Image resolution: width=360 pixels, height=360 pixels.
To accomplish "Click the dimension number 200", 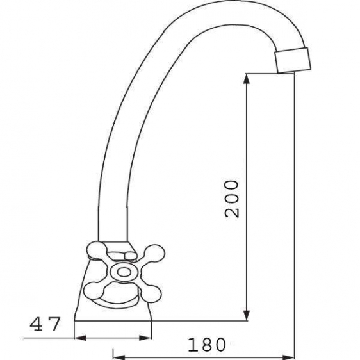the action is click(232, 199).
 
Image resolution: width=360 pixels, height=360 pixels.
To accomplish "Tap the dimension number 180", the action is click(207, 345).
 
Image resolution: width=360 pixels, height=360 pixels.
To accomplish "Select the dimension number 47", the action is click(45, 323).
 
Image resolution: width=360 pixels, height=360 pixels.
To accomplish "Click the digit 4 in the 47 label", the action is click(37, 323).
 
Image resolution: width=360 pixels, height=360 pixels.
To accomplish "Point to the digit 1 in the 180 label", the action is click(192, 345).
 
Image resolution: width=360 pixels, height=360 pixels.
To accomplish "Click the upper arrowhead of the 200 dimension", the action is click(247, 79).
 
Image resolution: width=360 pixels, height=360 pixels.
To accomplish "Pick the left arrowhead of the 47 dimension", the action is click(80, 338).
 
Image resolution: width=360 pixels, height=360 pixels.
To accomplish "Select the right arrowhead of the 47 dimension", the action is click(145, 338).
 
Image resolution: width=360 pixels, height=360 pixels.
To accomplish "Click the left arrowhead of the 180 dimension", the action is click(119, 357).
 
